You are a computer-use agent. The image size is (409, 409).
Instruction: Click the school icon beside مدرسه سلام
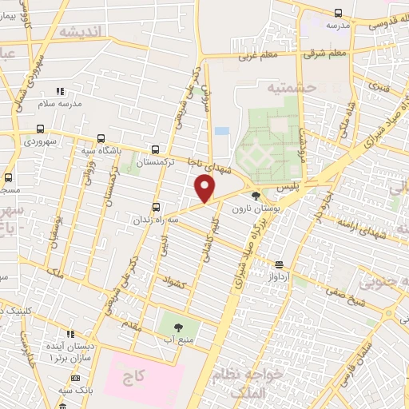click(60, 91)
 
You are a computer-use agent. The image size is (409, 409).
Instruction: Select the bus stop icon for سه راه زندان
click(156, 204)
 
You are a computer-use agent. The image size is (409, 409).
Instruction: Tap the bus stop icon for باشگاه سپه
click(100, 137)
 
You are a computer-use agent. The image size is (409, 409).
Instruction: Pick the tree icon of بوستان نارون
click(256, 196)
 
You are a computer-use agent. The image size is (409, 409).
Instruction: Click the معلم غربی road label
click(257, 57)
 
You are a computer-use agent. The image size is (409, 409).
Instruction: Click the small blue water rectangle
click(221, 130)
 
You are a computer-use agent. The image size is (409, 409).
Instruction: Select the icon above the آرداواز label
click(279, 264)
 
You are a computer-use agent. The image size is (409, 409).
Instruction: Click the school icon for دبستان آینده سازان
click(70, 333)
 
